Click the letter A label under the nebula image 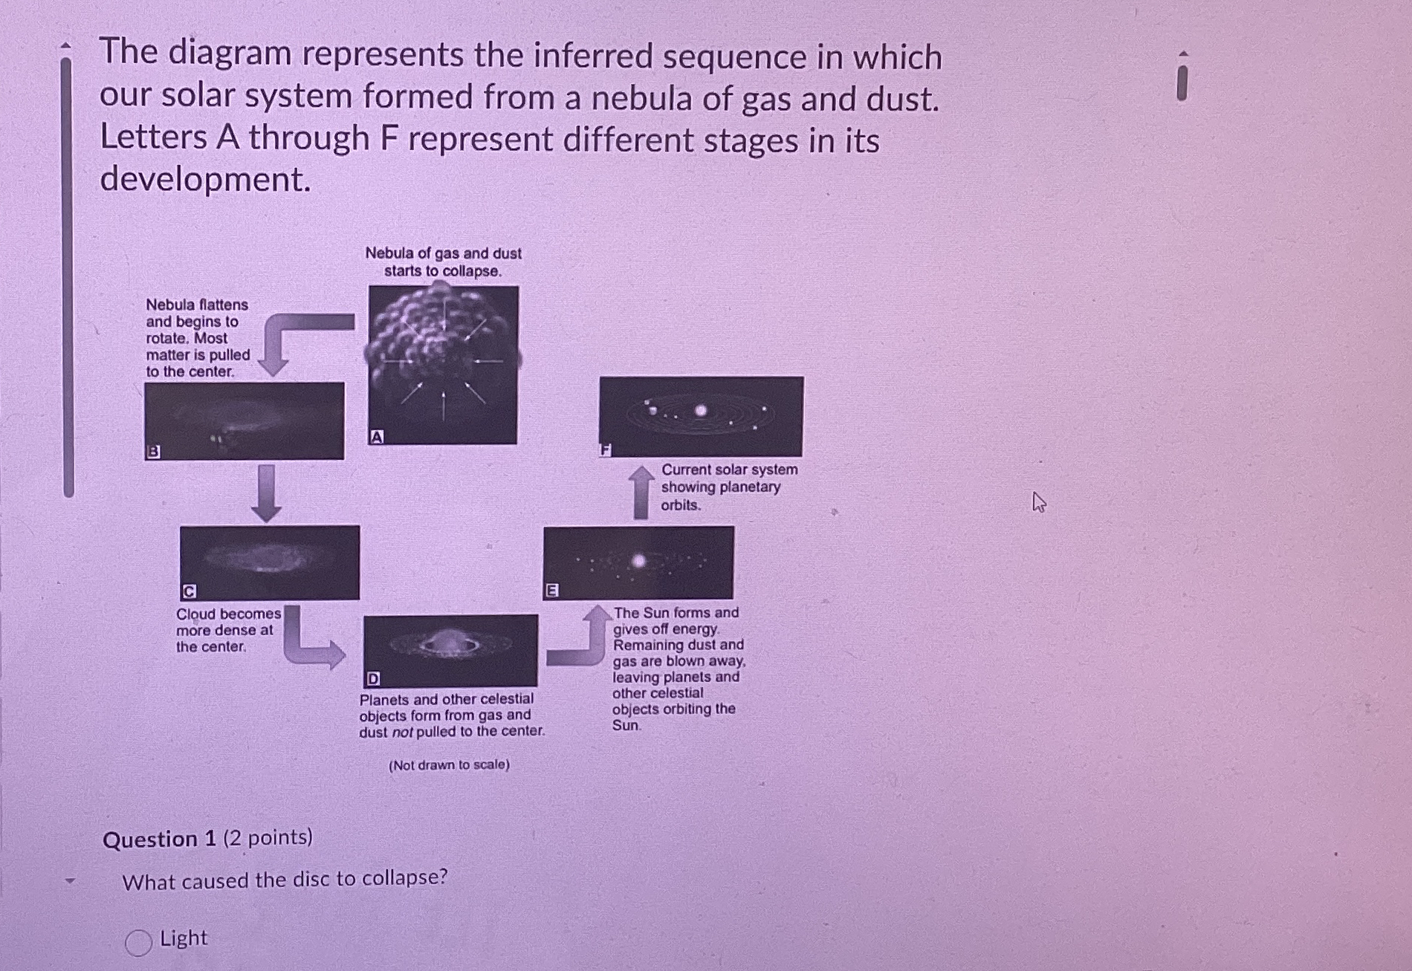point(377,437)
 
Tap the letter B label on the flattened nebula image point(153,451)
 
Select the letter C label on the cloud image point(189,591)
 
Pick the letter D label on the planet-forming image point(373,678)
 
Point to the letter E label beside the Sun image point(552,591)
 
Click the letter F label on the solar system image point(606,449)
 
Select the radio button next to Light point(138,942)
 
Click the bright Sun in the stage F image point(701,410)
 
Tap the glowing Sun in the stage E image point(638,561)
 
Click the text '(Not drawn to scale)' point(449,764)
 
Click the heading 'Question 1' point(159,840)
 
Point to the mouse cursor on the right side point(1038,503)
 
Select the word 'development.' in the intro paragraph point(205,179)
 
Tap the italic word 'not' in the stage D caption point(402,732)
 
